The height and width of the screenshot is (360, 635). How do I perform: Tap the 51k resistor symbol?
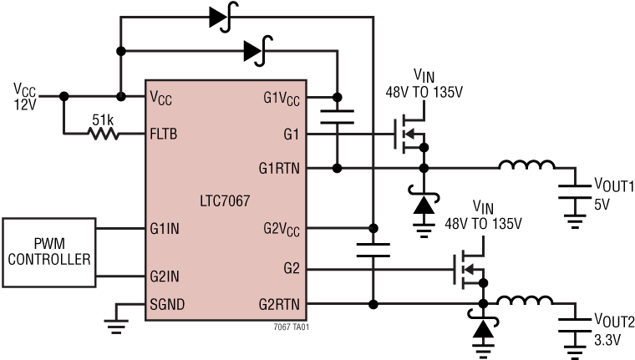coord(104,133)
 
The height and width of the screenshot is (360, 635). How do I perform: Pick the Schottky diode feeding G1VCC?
coord(255,51)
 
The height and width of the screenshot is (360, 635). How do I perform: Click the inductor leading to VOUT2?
coord(526,301)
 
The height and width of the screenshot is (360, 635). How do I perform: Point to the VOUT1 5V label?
coord(612,191)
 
